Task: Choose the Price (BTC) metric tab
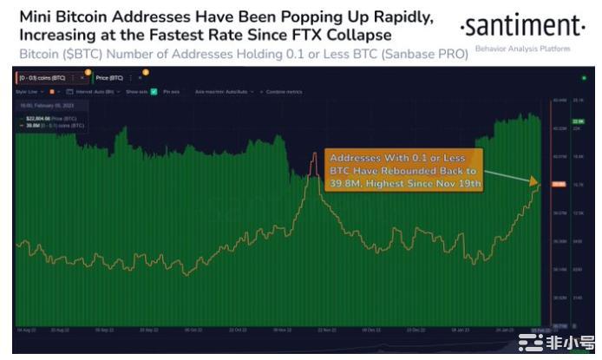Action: pos(111,77)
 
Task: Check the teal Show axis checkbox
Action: pos(154,90)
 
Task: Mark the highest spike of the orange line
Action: pos(314,154)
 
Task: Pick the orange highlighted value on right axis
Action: pos(558,184)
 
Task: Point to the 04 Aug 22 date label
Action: pos(26,331)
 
